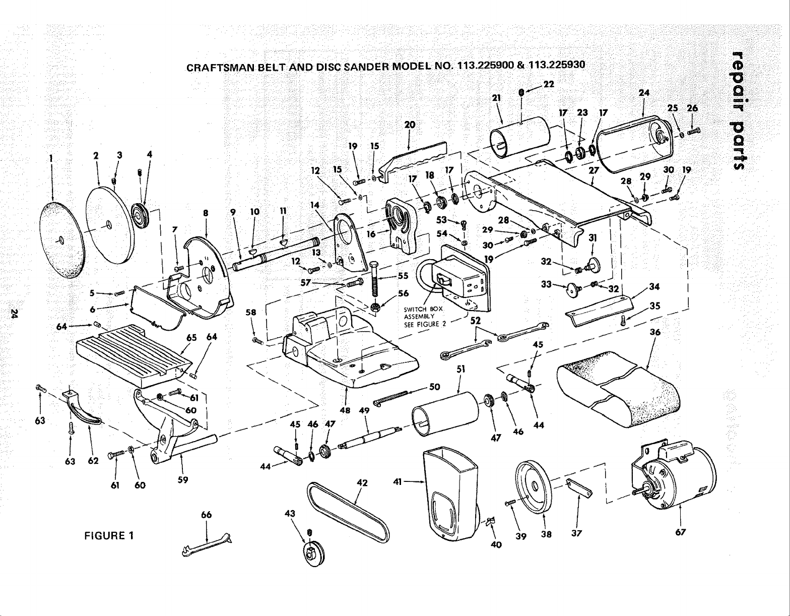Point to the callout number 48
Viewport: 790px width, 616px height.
point(345,410)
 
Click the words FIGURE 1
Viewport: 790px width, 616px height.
point(109,535)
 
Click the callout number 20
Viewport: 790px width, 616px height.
point(409,124)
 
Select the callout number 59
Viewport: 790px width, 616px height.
point(183,480)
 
